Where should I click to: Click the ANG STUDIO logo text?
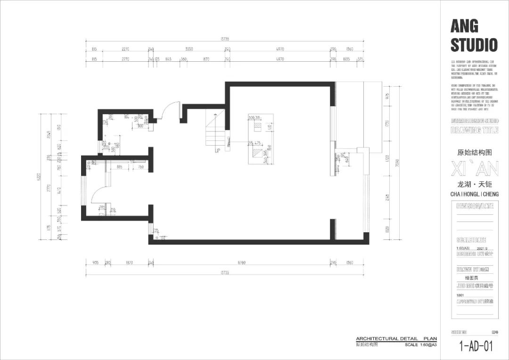(474, 35)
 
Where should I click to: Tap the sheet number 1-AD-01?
(476, 346)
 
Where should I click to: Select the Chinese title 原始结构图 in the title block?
(475, 153)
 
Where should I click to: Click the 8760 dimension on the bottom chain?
(242, 262)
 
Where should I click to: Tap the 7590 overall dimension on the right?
(397, 163)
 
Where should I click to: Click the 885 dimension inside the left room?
(120, 166)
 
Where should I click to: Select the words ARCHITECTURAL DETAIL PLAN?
(396, 339)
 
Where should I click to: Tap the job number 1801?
(460, 295)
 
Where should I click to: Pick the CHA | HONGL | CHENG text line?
(474, 194)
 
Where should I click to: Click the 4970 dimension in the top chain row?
(279, 49)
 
